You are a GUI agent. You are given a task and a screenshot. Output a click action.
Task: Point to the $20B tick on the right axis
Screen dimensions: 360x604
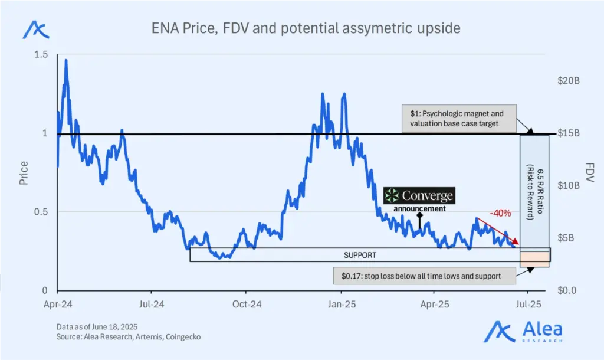569,81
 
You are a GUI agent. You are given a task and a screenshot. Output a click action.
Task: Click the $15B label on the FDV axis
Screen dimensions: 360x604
569,133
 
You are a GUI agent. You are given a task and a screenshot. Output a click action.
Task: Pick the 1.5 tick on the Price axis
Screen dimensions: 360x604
40,55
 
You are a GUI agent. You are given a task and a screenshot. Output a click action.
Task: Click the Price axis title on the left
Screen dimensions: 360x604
24,173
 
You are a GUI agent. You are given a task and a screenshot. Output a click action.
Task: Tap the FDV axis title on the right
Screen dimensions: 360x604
590,173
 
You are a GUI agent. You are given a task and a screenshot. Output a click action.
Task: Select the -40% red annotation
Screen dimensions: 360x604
500,214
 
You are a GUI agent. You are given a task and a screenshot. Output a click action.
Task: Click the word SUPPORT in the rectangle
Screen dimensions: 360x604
360,256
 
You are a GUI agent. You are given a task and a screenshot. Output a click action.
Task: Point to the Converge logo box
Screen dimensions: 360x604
419,195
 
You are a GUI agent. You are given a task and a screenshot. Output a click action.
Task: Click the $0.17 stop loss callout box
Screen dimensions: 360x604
421,276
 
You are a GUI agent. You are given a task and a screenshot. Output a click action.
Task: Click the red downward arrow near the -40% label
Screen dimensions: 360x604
498,231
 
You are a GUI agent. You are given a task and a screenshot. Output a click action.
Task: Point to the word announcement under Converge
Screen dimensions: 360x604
420,208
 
